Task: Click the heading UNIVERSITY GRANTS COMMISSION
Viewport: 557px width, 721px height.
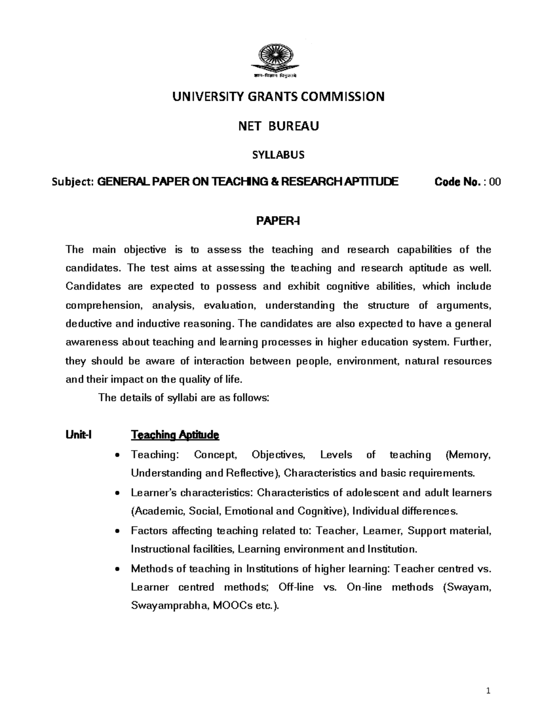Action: point(278,97)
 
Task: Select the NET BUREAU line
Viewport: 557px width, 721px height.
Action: point(278,126)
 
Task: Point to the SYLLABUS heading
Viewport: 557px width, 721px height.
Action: point(278,156)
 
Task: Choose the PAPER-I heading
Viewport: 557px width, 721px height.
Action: point(278,221)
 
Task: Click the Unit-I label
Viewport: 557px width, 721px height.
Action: point(79,435)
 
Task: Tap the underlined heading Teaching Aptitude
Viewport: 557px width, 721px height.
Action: point(175,435)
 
